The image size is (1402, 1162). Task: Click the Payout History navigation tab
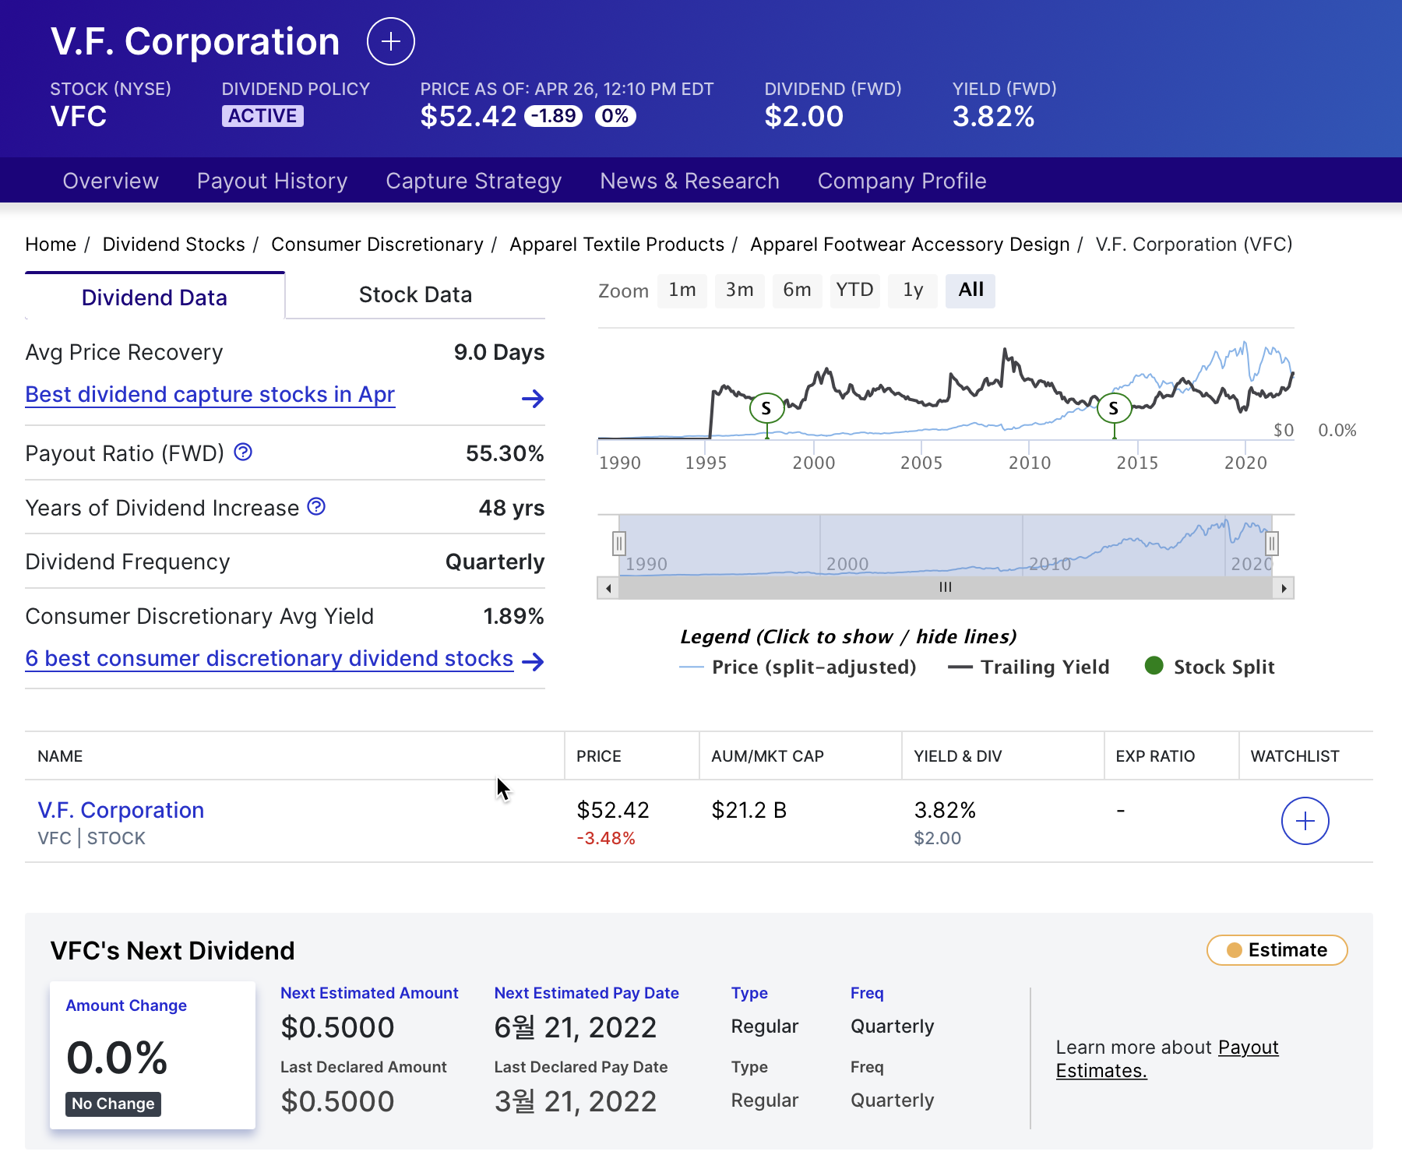[x=272, y=181]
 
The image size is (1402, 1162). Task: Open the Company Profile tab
[x=901, y=181]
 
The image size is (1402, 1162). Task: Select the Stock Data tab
[x=415, y=295]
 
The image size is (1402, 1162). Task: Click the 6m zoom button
[x=797, y=290]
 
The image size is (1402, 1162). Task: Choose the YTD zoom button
[x=854, y=290]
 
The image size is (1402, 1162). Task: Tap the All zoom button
[x=970, y=290]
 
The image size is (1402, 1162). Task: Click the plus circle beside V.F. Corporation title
[x=391, y=41]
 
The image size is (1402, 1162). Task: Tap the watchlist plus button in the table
[x=1305, y=821]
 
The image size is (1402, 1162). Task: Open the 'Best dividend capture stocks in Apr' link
[x=210, y=395]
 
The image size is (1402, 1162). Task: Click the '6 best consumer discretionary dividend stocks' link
[x=269, y=659]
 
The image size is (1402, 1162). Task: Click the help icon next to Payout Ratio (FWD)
[x=243, y=452]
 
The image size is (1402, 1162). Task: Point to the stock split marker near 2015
[x=1114, y=408]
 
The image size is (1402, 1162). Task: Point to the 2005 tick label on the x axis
[x=921, y=463]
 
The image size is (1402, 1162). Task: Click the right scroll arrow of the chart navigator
[x=1284, y=588]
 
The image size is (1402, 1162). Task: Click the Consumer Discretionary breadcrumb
[x=377, y=245]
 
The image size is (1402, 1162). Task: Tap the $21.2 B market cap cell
[x=749, y=811]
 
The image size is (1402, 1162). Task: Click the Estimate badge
[x=1277, y=950]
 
